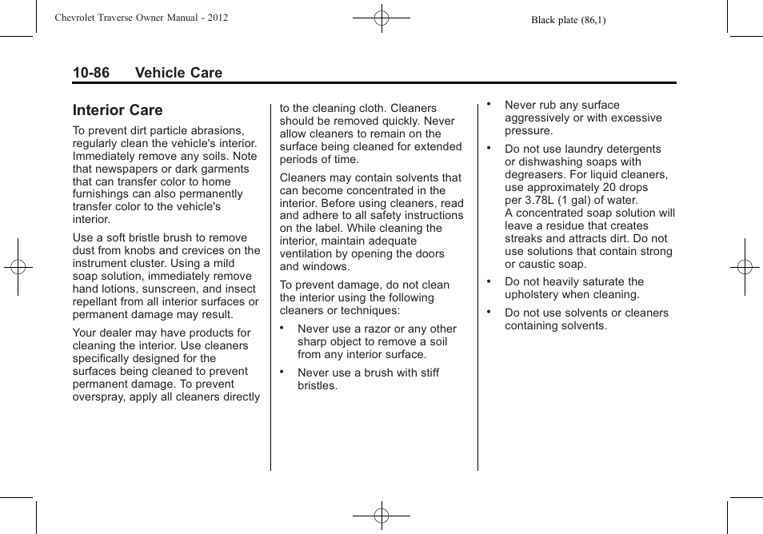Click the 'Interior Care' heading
[x=118, y=110]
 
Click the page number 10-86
[x=91, y=73]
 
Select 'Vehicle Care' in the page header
[x=178, y=73]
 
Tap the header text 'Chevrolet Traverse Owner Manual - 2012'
[x=142, y=18]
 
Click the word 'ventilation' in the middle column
[x=308, y=253]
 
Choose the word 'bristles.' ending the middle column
[x=318, y=385]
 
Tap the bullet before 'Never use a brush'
[x=282, y=372]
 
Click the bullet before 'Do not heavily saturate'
[x=489, y=281]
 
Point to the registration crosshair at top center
[x=381, y=17]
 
